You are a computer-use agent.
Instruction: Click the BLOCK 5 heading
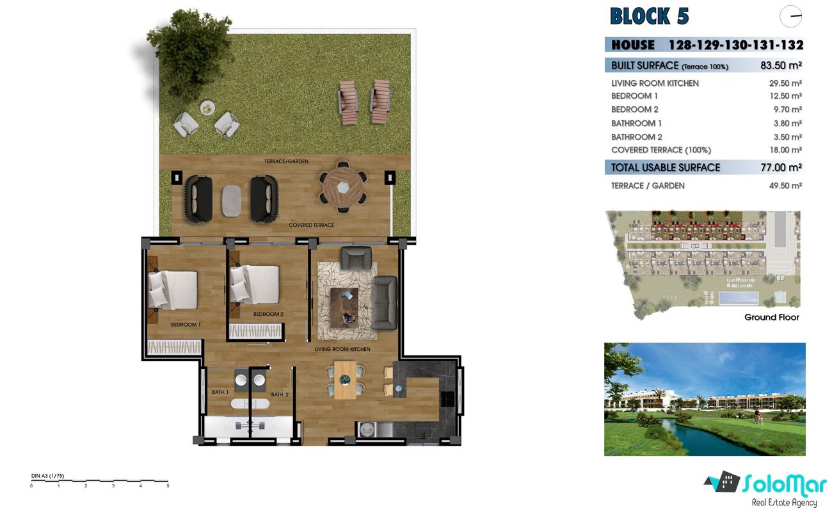point(649,16)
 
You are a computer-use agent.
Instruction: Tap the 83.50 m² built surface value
point(781,65)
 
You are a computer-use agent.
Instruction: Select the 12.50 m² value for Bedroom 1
point(785,96)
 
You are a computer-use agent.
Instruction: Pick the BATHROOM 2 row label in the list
point(637,137)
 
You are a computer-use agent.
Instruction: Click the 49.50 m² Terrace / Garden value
point(785,186)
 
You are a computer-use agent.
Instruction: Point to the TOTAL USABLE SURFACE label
point(666,168)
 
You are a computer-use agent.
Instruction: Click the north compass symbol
point(790,17)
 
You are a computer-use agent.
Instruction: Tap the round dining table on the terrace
point(343,188)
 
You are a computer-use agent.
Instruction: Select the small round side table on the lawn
point(207,108)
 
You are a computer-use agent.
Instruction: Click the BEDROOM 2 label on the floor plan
point(268,314)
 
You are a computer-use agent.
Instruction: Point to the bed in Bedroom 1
point(173,290)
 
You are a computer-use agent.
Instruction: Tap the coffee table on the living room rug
point(344,308)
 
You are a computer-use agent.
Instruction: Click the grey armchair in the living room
point(356,257)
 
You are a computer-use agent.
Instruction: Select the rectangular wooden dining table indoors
point(345,380)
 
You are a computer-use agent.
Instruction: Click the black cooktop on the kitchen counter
point(447,400)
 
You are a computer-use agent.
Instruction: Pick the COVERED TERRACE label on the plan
point(311,225)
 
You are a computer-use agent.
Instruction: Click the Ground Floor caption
point(771,317)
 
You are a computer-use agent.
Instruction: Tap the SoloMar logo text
point(785,485)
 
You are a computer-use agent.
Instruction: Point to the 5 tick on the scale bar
point(168,484)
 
